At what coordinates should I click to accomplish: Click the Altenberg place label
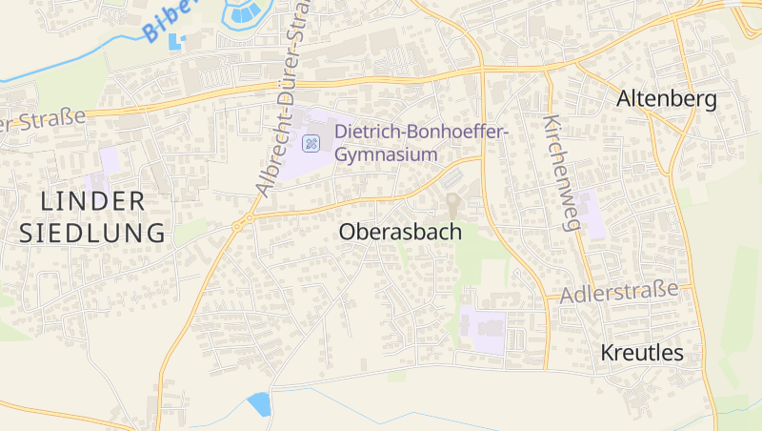(666, 98)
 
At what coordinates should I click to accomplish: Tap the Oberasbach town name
(400, 232)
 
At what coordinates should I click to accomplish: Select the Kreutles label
(642, 353)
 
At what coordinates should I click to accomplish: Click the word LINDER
(93, 200)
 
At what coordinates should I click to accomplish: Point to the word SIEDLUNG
(92, 232)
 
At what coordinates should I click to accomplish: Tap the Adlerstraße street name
(619, 292)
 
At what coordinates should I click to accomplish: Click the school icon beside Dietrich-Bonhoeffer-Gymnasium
(311, 144)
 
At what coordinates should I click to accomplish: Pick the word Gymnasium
(386, 154)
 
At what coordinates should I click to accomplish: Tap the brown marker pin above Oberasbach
(452, 203)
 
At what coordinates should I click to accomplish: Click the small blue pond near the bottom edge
(257, 404)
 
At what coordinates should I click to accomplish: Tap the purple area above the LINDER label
(109, 159)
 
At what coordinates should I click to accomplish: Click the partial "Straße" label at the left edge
(43, 121)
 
